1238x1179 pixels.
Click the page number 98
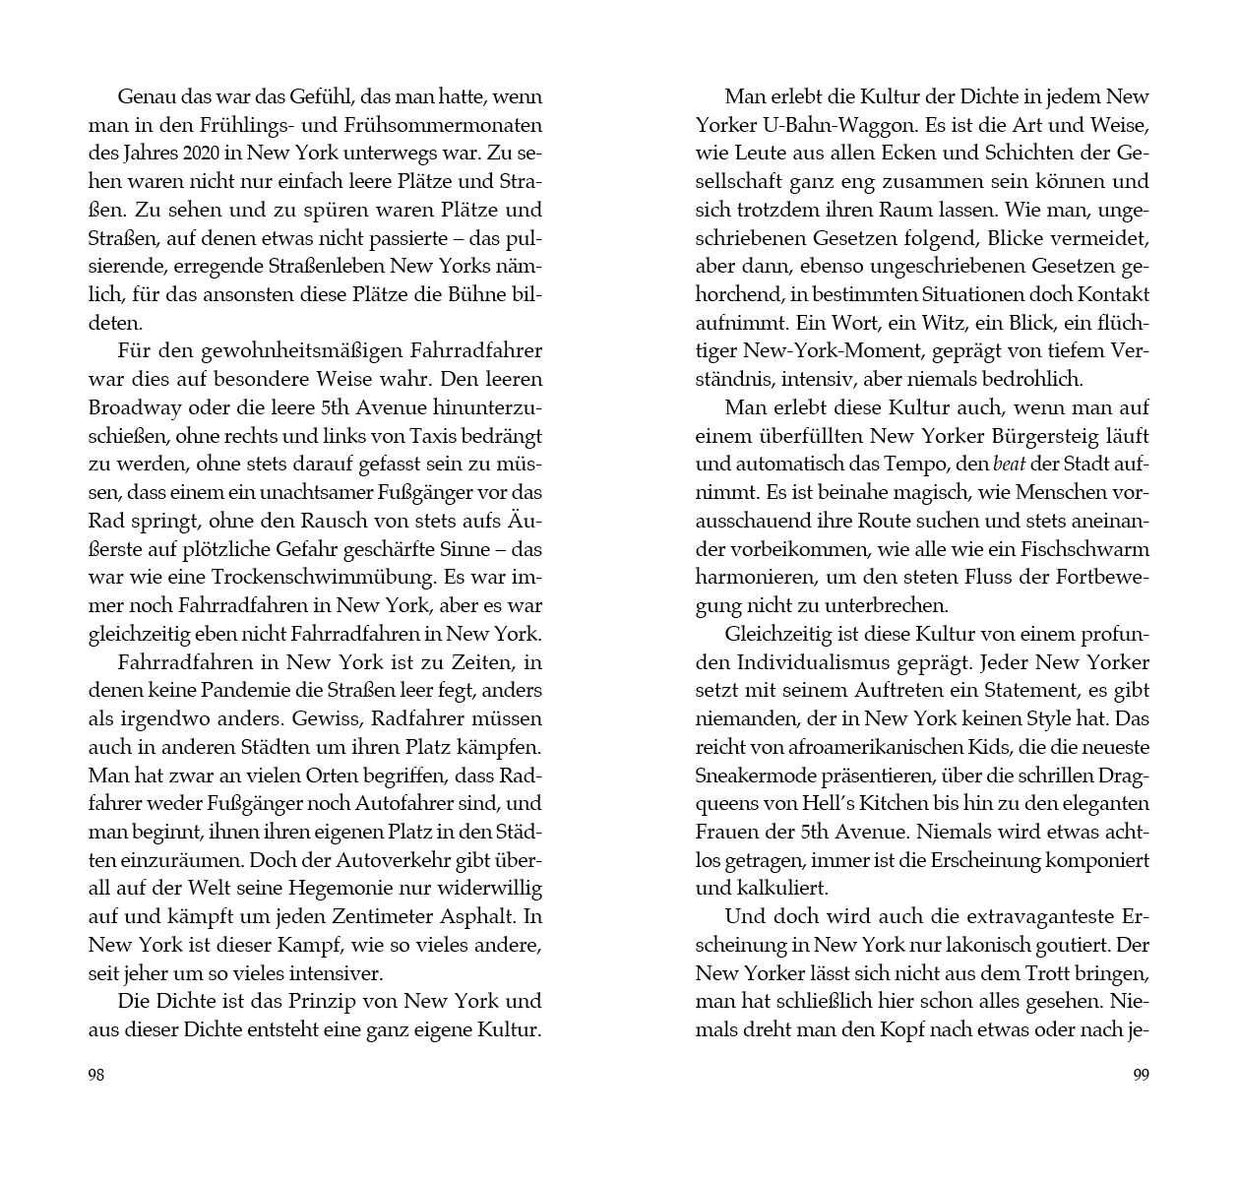(x=96, y=1075)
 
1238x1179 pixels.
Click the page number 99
(x=1141, y=1075)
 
